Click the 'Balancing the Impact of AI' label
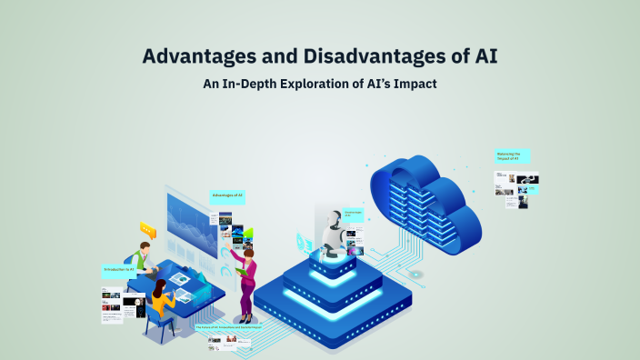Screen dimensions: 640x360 click(512, 156)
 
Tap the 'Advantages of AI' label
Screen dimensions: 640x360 click(228, 195)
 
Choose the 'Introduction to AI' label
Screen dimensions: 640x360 click(119, 270)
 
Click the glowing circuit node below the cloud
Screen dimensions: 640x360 click(415, 274)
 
